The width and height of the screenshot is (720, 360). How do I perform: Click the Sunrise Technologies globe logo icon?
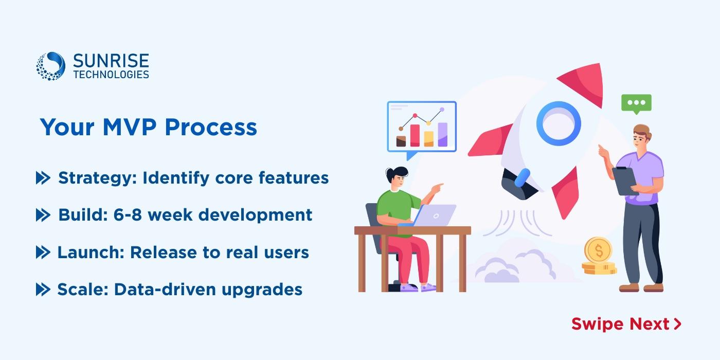click(x=50, y=66)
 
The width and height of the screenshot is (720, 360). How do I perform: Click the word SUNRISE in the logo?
click(x=111, y=61)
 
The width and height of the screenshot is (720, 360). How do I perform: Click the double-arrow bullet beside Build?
click(x=43, y=215)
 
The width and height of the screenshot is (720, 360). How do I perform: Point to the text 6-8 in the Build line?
click(x=128, y=215)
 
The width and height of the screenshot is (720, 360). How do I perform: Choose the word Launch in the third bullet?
click(x=91, y=253)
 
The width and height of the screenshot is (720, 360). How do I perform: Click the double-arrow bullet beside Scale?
click(x=43, y=289)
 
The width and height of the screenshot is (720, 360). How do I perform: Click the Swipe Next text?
click(x=626, y=324)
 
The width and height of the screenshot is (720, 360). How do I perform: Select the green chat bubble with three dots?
click(x=637, y=104)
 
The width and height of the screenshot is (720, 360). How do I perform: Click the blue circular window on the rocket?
click(x=559, y=123)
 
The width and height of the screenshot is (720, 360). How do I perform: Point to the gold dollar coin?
click(x=598, y=250)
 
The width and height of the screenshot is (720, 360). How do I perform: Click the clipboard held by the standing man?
click(x=624, y=181)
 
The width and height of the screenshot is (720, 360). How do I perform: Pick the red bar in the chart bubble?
click(x=415, y=135)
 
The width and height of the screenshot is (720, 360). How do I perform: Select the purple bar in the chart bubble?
click(x=443, y=135)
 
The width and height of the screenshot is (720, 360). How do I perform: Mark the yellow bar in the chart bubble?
click(x=429, y=139)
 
